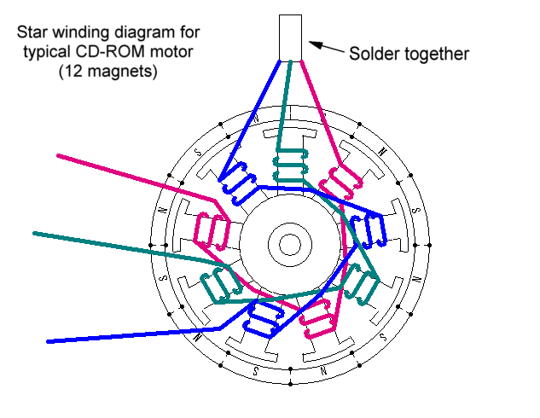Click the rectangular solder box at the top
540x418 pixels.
(291, 37)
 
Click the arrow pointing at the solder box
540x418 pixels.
(324, 49)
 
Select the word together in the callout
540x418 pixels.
(437, 55)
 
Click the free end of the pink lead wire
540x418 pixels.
(59, 156)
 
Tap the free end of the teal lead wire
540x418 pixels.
(34, 232)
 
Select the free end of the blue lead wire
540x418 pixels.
(49, 342)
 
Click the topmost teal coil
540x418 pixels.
(290, 162)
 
